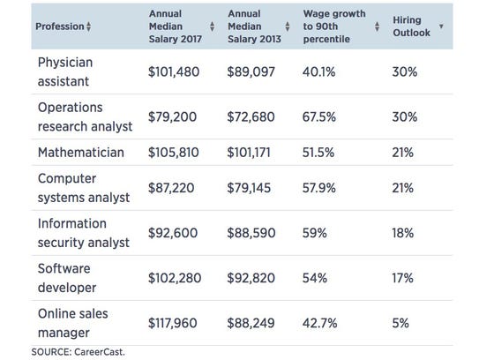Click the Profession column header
tap(59, 26)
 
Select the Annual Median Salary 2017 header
tap(174, 26)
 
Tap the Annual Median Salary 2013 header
tap(253, 26)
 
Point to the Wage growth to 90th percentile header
tap(333, 26)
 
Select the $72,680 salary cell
tap(257, 116)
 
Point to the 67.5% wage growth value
tap(321, 116)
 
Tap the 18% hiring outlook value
tap(403, 234)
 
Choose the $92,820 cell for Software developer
tap(257, 276)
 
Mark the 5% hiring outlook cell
tap(400, 322)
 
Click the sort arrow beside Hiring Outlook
tap(441, 26)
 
